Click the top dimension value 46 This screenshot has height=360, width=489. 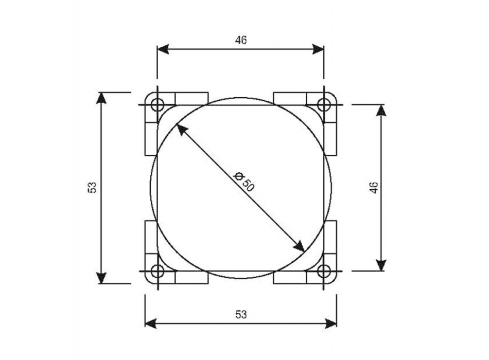pyautogui.click(x=240, y=40)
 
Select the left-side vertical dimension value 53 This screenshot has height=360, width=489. pyautogui.click(x=93, y=188)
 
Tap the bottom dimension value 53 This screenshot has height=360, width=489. pyautogui.click(x=240, y=315)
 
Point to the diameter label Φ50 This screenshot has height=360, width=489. pyautogui.click(x=243, y=182)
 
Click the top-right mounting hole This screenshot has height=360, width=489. pyautogui.click(x=323, y=104)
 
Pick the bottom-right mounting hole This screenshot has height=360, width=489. pyautogui.click(x=323, y=271)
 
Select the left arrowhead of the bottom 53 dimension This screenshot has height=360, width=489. pyautogui.click(x=150, y=323)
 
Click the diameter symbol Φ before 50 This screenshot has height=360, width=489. pyautogui.click(x=238, y=177)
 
